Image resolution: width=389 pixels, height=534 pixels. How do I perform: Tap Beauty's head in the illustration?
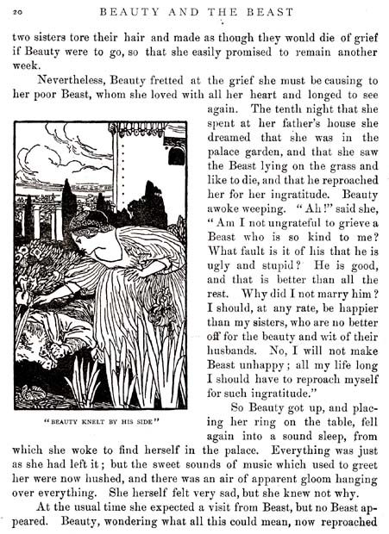click(x=90, y=228)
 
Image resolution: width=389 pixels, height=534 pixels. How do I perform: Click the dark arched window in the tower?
click(x=177, y=156)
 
